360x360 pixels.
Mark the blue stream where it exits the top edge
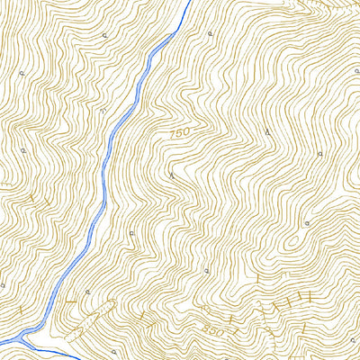coord(189,2)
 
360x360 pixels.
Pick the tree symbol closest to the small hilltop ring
coord(307,222)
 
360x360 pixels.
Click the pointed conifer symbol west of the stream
coord(102,109)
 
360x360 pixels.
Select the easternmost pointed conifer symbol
coord(268,133)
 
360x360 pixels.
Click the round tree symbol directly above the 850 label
coord(206,268)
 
